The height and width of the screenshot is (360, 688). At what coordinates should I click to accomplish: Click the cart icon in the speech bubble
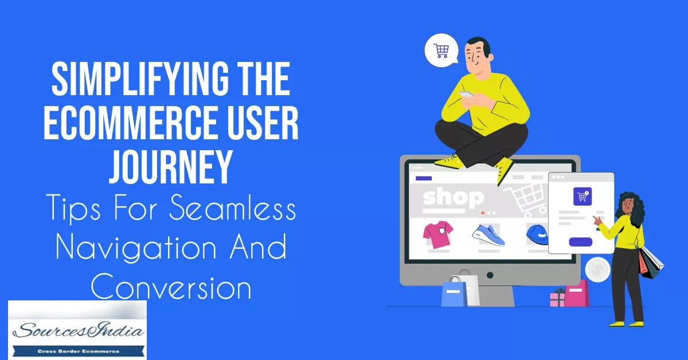(441, 52)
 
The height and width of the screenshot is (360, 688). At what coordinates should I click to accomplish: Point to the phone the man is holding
(466, 95)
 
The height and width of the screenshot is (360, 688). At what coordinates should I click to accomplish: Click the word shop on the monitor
(452, 198)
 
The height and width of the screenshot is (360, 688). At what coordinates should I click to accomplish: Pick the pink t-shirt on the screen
(438, 234)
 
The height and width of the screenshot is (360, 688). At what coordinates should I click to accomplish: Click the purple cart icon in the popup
(582, 196)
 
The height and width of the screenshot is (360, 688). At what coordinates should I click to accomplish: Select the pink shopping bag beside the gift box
(576, 294)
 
